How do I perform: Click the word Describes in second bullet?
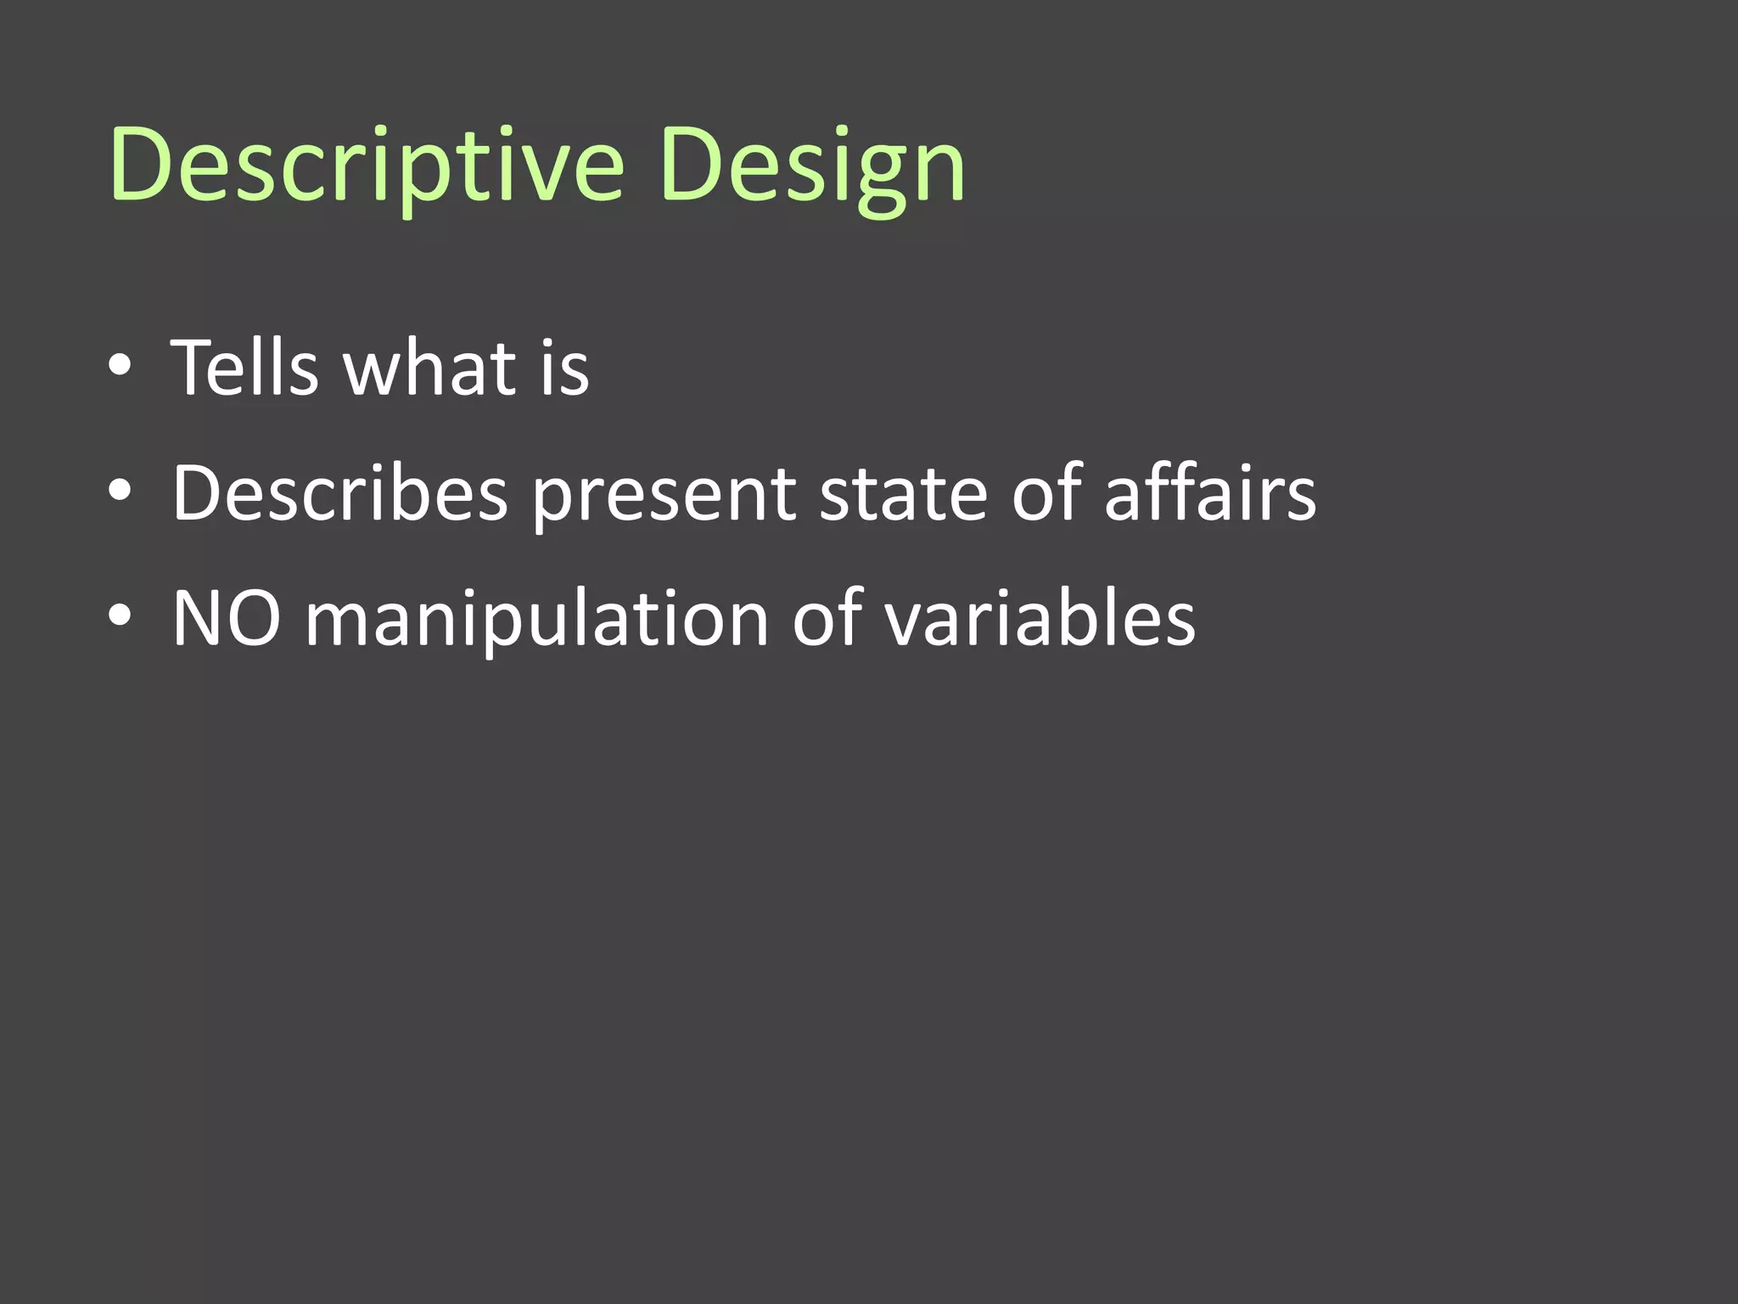pos(339,493)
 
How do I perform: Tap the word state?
pos(903,493)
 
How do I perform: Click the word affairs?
pos(1210,493)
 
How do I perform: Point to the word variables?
pos(1040,619)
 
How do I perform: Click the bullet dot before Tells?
pos(120,365)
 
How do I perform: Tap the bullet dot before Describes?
pos(120,490)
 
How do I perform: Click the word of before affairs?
pos(1047,493)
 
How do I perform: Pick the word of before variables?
pos(827,619)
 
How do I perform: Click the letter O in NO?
pos(251,619)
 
